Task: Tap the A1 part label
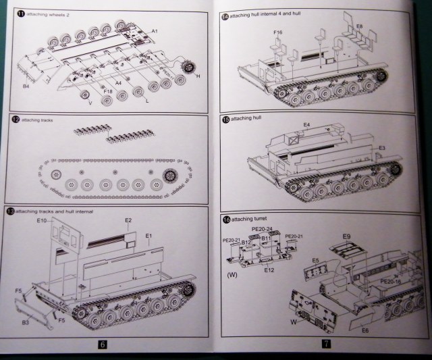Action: click(x=154, y=32)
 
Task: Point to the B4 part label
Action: click(x=26, y=86)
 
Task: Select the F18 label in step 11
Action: click(x=108, y=90)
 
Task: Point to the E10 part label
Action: click(x=41, y=221)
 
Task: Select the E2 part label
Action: click(x=128, y=220)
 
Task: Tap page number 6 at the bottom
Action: click(x=103, y=344)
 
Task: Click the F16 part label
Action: click(x=278, y=32)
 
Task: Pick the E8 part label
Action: click(x=359, y=25)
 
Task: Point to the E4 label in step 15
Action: click(x=306, y=125)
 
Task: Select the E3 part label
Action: click(x=381, y=148)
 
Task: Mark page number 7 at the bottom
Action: click(x=325, y=344)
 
